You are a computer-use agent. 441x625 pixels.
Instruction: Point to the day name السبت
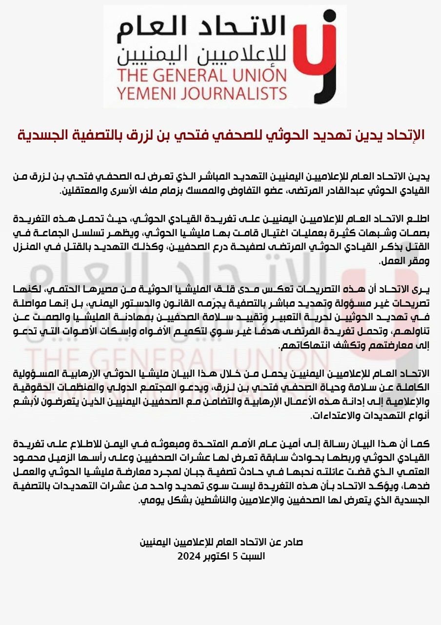[254, 556]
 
